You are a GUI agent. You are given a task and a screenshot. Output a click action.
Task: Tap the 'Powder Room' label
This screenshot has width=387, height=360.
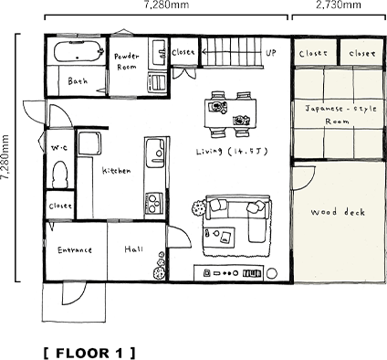(x=126, y=61)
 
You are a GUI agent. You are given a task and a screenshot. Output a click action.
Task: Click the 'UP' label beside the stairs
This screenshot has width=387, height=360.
(x=271, y=53)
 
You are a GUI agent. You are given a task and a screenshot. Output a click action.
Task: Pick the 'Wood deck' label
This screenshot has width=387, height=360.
(x=338, y=213)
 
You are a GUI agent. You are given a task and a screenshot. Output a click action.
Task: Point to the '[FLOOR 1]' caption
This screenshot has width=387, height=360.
(x=89, y=351)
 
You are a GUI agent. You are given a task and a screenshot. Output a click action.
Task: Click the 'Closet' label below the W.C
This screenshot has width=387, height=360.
(x=60, y=206)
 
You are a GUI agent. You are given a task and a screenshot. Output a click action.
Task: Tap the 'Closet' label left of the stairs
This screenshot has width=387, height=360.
(x=183, y=53)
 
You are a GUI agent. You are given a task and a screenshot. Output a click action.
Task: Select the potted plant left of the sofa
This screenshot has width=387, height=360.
(x=196, y=206)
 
